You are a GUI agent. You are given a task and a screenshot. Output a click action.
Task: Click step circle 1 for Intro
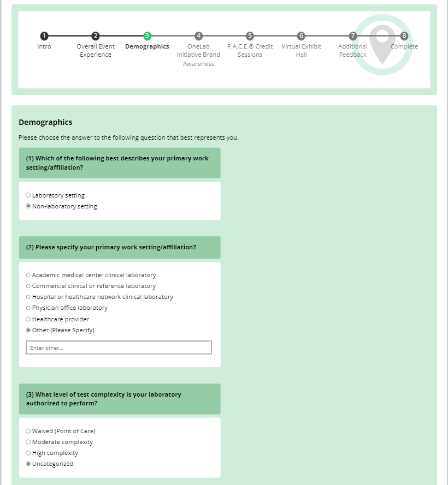point(44,36)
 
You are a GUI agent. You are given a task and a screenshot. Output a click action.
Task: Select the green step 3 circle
point(147,36)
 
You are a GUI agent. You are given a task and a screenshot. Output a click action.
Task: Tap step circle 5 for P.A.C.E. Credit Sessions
point(250,36)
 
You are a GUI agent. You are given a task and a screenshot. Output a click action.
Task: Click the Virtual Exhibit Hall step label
point(301,50)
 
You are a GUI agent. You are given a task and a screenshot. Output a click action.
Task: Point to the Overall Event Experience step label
point(96,50)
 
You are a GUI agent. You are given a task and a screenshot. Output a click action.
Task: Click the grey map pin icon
point(382,44)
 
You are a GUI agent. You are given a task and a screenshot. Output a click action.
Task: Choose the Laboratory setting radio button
point(28,195)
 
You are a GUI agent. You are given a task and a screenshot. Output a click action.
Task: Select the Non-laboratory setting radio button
point(28,206)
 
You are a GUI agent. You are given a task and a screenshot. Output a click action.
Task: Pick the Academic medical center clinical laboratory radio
point(28,275)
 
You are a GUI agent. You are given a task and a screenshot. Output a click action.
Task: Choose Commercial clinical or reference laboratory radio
point(28,286)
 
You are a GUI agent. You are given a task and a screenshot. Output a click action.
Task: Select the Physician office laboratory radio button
point(28,308)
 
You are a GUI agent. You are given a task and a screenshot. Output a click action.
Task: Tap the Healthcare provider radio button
point(28,319)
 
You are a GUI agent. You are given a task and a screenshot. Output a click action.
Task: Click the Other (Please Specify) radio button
point(28,330)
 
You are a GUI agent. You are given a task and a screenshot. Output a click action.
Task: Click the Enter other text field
point(119,348)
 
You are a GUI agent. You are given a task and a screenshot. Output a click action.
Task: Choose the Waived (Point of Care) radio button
point(28,431)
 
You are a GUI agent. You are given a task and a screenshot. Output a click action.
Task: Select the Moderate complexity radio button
point(28,442)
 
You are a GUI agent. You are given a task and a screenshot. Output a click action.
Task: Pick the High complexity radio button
point(28,453)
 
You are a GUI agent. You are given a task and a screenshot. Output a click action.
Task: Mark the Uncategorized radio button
point(28,464)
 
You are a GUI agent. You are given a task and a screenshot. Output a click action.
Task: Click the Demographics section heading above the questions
point(45,122)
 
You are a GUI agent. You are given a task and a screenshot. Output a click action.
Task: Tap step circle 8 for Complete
point(404,36)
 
